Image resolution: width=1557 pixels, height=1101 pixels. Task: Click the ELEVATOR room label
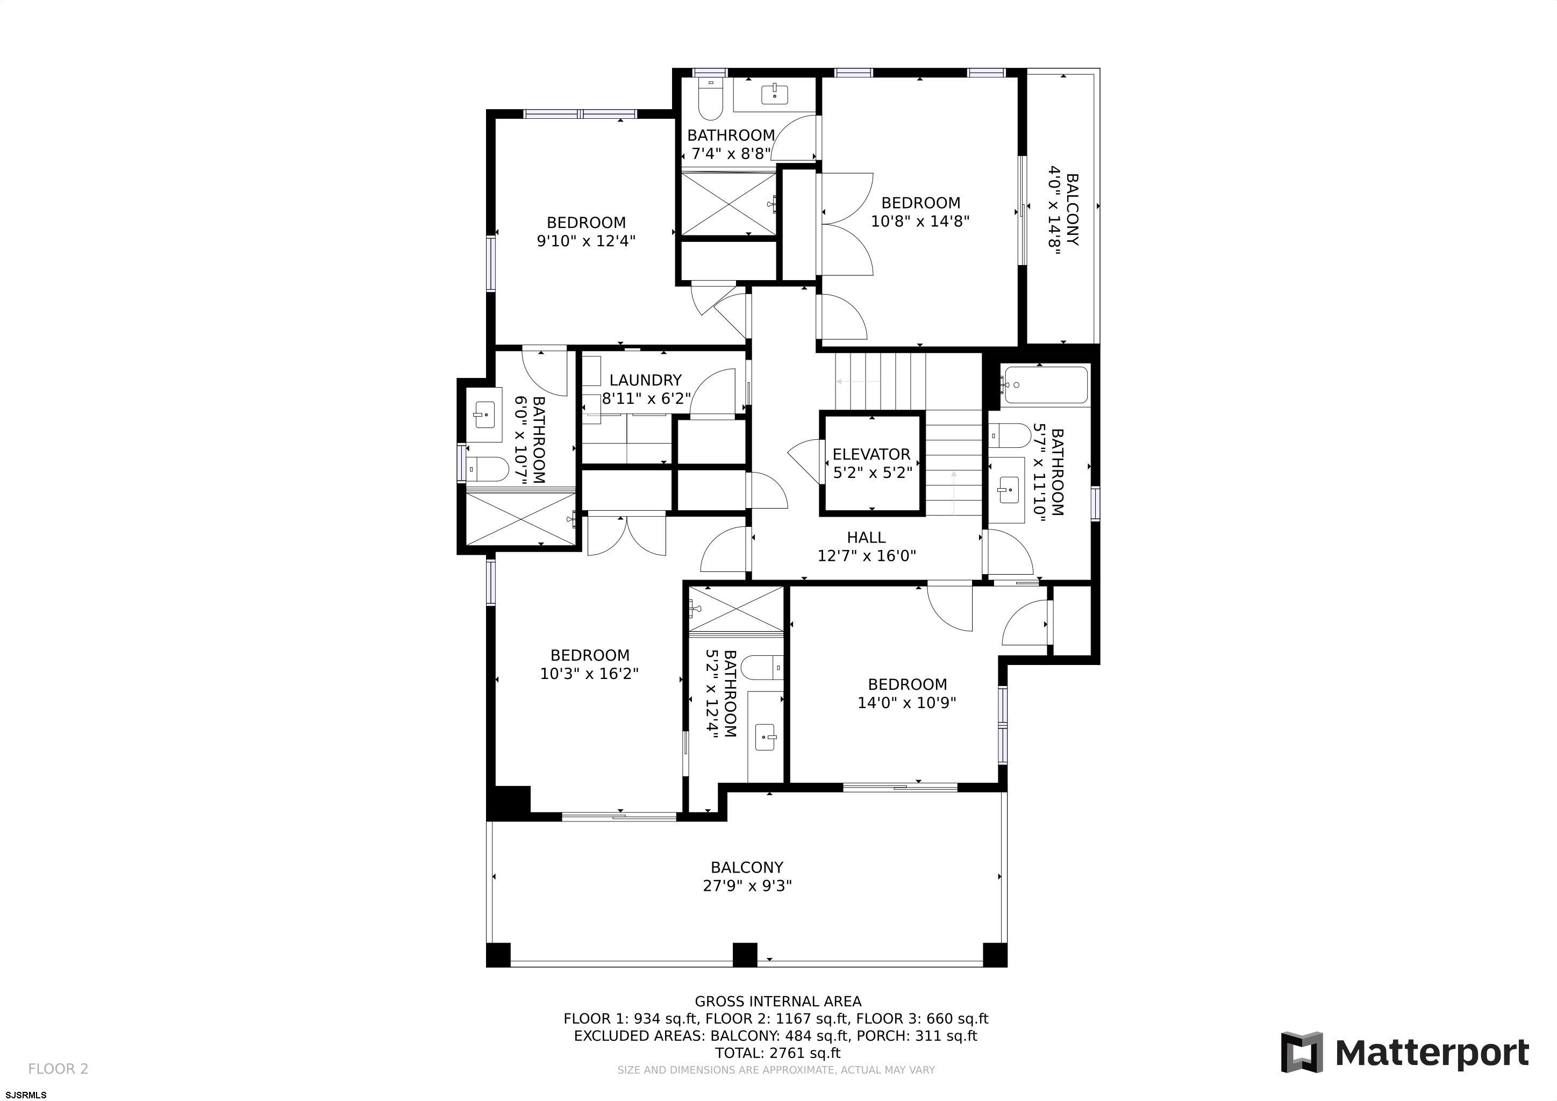(x=871, y=454)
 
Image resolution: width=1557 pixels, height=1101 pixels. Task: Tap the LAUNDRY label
(x=645, y=380)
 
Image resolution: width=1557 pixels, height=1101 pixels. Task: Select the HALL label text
(x=866, y=538)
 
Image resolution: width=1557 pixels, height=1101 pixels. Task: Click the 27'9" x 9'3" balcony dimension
(x=747, y=885)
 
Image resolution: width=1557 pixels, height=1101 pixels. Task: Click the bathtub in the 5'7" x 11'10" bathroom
(x=1045, y=385)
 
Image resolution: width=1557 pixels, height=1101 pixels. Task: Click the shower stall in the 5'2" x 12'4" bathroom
(x=736, y=609)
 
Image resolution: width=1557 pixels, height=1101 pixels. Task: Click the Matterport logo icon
(x=1301, y=1053)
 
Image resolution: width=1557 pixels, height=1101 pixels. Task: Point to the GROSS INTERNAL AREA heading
(x=778, y=1002)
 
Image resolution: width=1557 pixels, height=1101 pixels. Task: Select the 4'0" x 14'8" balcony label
(x=1063, y=210)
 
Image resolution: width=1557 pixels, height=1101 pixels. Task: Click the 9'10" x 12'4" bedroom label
(x=586, y=231)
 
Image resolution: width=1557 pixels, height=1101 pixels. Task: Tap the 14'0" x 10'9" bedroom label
(x=906, y=694)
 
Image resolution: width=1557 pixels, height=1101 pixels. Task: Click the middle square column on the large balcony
(x=745, y=955)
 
